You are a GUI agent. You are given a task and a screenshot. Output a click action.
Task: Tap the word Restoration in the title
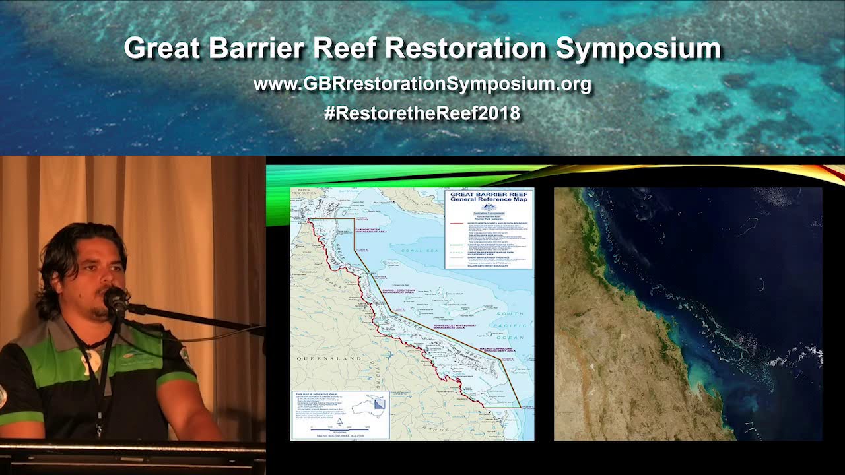point(466,48)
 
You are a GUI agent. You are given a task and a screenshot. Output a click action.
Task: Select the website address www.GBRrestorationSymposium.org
point(422,84)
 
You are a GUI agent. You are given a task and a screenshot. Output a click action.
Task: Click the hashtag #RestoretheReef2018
point(422,113)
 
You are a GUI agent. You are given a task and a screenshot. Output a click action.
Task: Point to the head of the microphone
point(114,299)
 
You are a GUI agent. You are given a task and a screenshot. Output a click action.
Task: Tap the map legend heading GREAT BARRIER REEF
point(488,195)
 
